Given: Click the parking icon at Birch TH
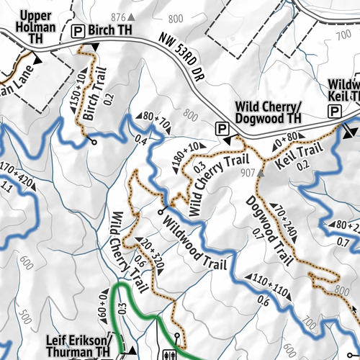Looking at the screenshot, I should click(x=78, y=31).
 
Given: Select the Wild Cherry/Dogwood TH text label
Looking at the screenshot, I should click(x=269, y=113).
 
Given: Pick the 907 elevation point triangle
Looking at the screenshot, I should click(x=261, y=173).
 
